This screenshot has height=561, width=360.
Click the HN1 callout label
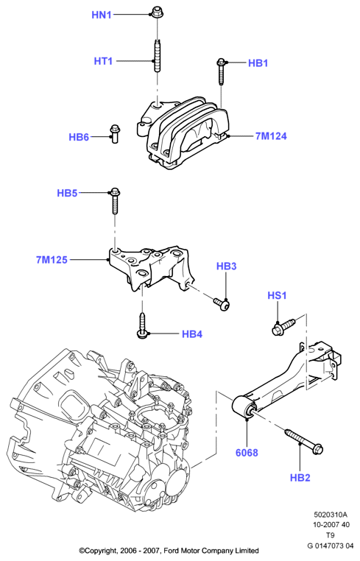point(102,15)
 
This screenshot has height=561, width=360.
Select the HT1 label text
point(103,61)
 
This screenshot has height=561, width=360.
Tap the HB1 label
point(258,63)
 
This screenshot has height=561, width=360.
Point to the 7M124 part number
point(271,136)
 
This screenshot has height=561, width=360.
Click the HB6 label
point(79,137)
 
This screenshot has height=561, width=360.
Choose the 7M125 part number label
point(52,260)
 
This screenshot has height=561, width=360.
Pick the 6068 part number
point(247,453)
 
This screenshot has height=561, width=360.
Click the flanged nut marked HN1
point(156,12)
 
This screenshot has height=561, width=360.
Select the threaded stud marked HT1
point(158,55)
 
